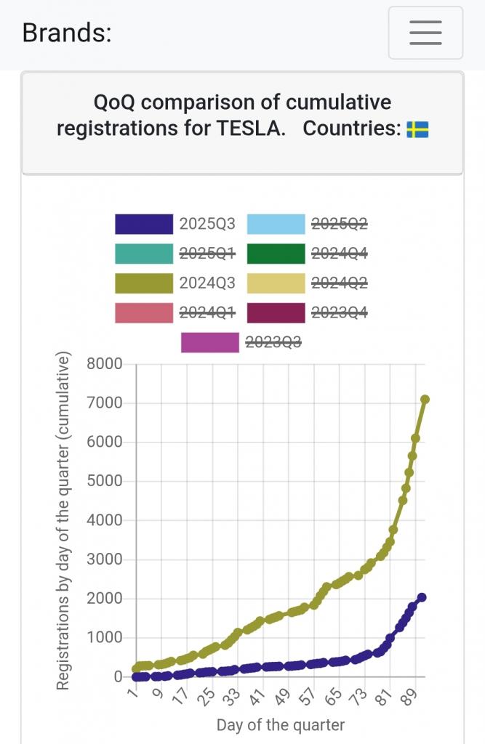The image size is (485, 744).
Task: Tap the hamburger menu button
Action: pos(425,33)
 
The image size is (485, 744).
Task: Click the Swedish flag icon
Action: pos(417,129)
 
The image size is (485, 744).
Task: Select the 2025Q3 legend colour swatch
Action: pos(144,225)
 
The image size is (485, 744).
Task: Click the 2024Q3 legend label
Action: pos(207,283)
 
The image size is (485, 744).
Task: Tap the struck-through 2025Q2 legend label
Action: pos(339,225)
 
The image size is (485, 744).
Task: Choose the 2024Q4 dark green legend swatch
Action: pos(276,254)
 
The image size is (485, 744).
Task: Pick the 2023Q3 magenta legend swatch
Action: pos(210,342)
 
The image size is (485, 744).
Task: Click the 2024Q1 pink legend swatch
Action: pos(144,313)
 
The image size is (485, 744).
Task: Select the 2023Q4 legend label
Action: pos(339,313)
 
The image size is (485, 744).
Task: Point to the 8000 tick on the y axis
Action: pos(104,364)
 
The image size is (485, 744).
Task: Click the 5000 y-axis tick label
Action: pos(104,482)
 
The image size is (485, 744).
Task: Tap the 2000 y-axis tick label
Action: pos(104,599)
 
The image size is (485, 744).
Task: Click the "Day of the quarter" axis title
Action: pos(280,725)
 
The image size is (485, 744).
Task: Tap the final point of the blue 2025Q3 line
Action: pos(422,597)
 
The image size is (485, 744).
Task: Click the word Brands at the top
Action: pos(67,33)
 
